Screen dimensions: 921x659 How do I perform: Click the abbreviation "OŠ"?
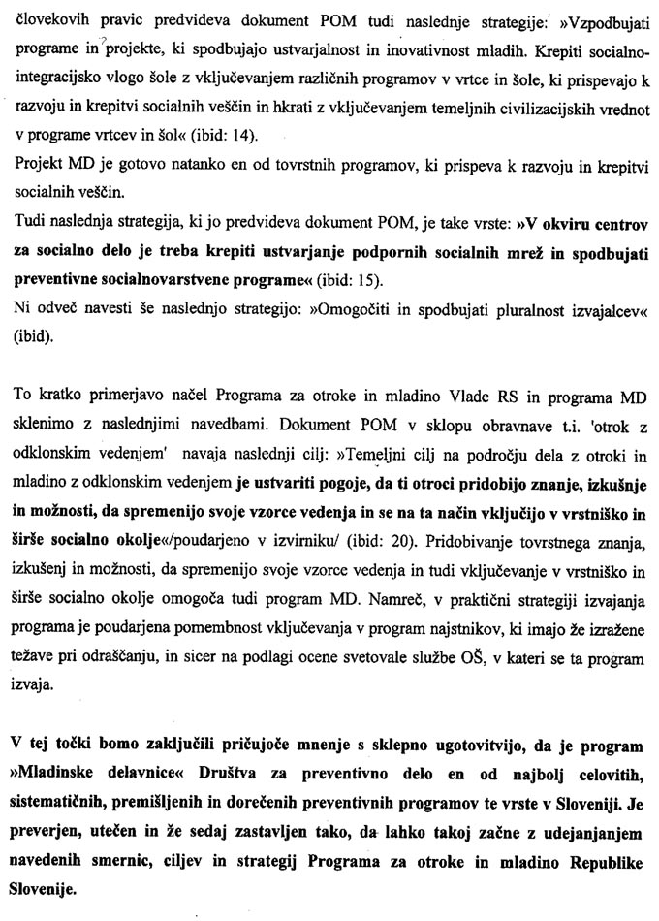(422, 677)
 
